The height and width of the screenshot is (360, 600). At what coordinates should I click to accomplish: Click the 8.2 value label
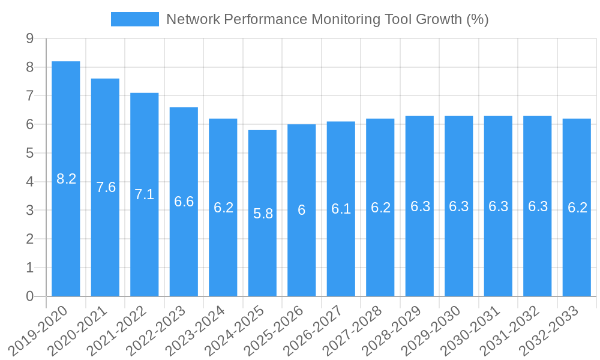point(66,179)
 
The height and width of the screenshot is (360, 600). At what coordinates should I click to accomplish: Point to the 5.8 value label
point(262,213)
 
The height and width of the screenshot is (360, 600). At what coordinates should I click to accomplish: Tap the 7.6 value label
point(106,187)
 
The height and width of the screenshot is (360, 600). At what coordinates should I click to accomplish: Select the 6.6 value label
point(184,202)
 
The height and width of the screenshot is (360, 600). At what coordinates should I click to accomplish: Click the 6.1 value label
point(341,209)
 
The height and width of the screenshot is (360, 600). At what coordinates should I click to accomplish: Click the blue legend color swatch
point(135,19)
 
